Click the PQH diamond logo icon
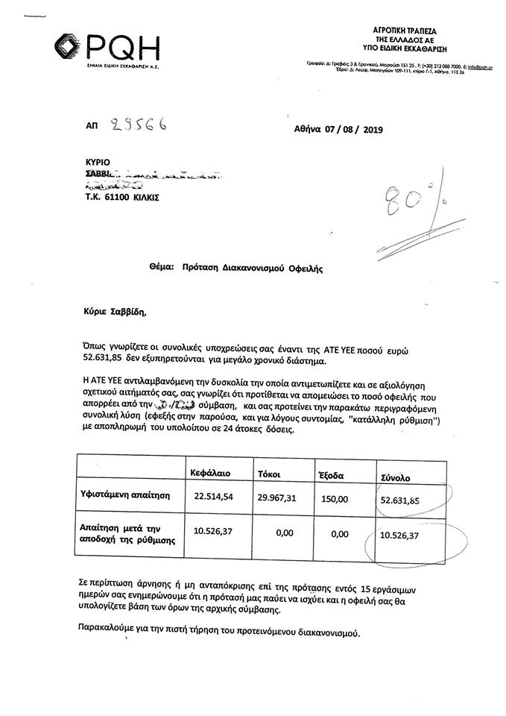coord(72,48)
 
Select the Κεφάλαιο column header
coord(215,473)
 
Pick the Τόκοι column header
coord(270,474)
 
